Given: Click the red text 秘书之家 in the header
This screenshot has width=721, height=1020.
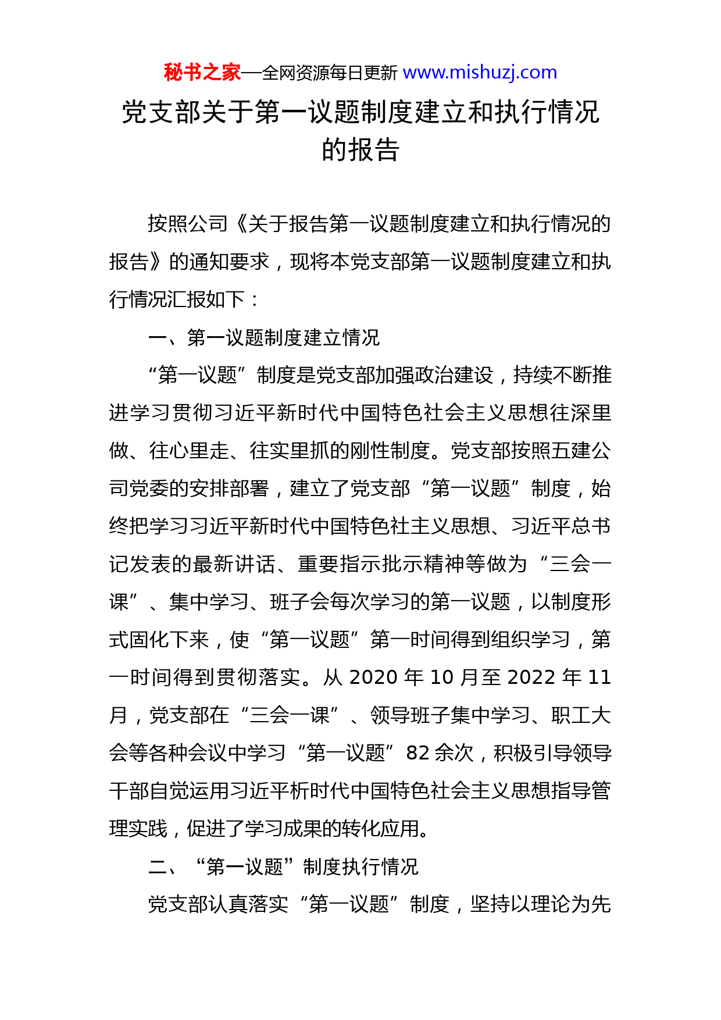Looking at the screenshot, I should pyautogui.click(x=202, y=73).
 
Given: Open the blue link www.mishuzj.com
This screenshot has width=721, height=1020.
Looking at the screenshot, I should pyautogui.click(x=480, y=73).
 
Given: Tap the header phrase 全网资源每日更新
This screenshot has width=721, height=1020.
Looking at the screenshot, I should pyautogui.click(x=330, y=73).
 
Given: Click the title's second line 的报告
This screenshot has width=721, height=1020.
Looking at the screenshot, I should pyautogui.click(x=360, y=150).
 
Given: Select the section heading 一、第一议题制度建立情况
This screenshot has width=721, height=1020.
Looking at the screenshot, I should pyautogui.click(x=264, y=337).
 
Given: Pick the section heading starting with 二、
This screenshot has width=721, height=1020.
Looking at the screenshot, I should pyautogui.click(x=283, y=866).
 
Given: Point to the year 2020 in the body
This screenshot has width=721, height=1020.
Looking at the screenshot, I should pyautogui.click(x=373, y=677).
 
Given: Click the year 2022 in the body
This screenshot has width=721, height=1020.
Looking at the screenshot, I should pyautogui.click(x=531, y=677).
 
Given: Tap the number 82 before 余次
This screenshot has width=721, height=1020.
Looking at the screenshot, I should pyautogui.click(x=417, y=753).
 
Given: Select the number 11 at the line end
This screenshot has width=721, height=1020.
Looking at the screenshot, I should pyautogui.click(x=599, y=677).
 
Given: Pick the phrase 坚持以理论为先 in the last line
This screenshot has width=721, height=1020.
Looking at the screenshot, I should pyautogui.click(x=541, y=904).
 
